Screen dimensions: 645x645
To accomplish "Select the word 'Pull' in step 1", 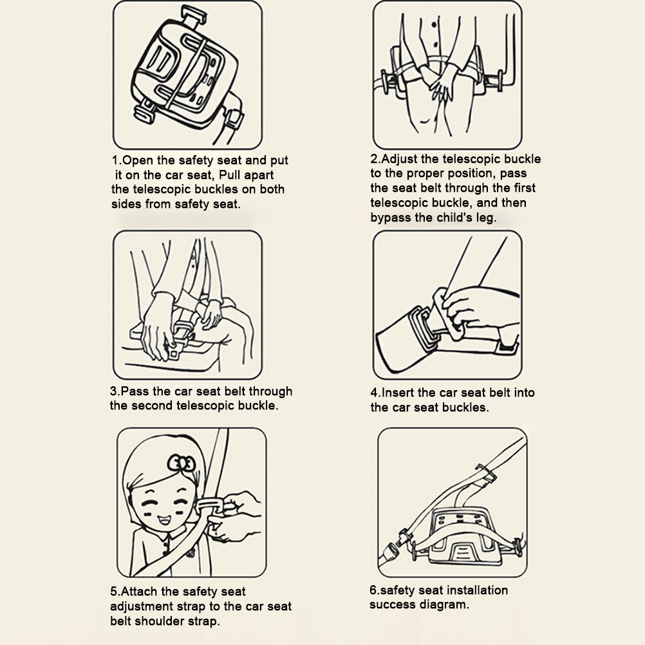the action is [230, 175].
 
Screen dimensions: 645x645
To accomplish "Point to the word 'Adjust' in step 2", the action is [398, 159].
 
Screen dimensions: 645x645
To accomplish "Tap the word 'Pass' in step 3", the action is [135, 391].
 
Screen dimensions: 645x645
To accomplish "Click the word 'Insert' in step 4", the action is [398, 393].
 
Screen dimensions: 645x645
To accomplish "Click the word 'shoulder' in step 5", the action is [160, 621].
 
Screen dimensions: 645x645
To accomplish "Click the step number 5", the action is [114, 592].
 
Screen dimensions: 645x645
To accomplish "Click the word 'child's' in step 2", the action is [454, 217].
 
